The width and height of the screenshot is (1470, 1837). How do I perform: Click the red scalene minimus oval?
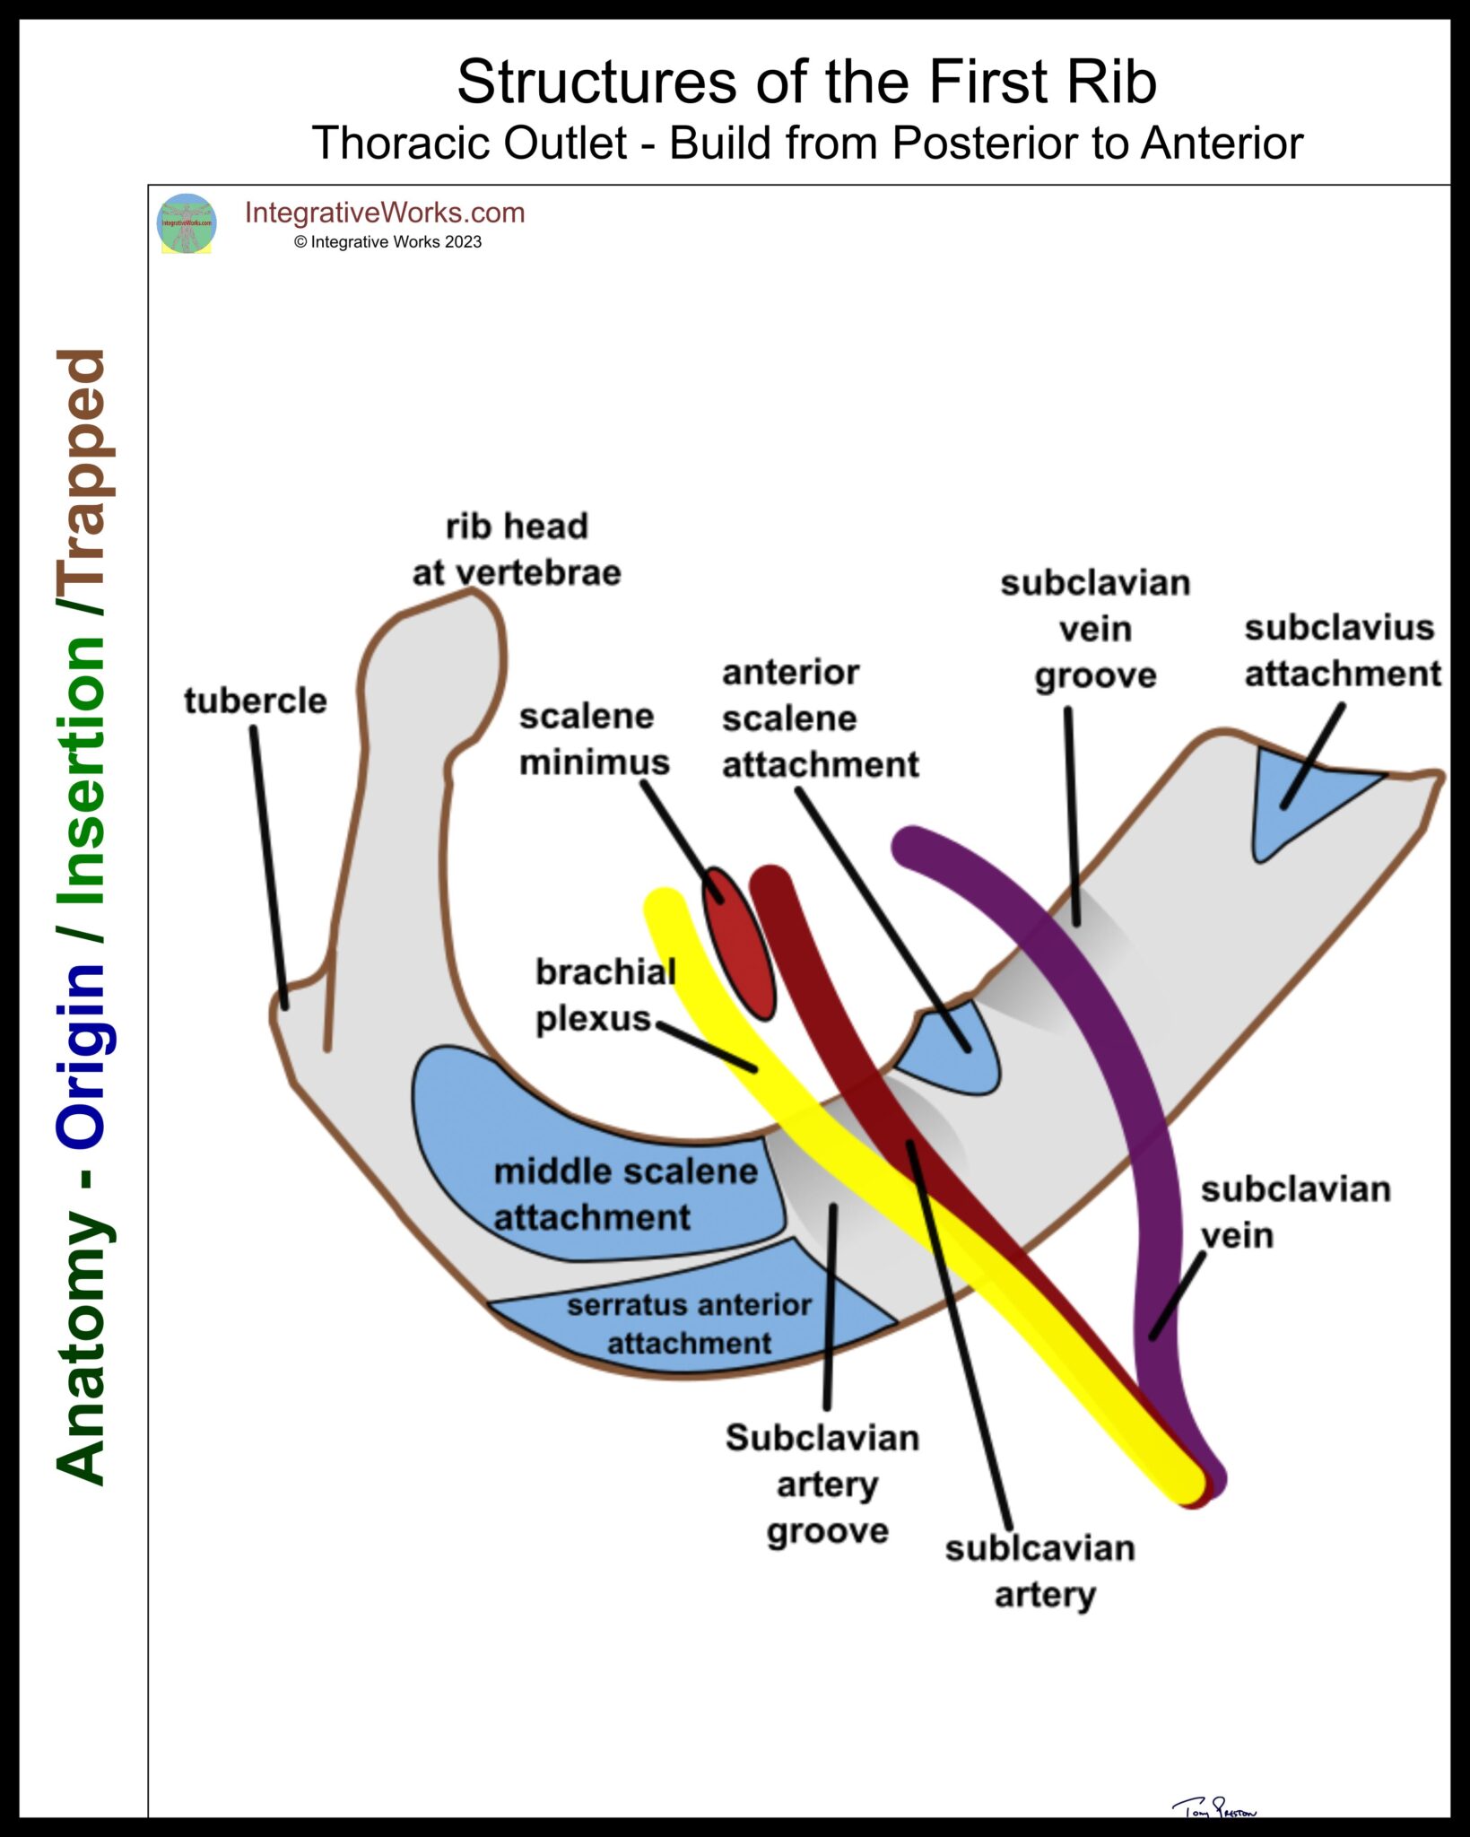[x=739, y=944]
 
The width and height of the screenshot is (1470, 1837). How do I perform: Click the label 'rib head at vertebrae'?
[x=517, y=549]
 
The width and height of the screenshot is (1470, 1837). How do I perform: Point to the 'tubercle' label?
[x=256, y=701]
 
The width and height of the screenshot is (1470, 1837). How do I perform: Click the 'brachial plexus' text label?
[x=604, y=995]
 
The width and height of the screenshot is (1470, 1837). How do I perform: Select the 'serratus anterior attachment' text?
[x=689, y=1323]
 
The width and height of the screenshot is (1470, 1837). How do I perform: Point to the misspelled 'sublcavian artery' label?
[x=1041, y=1571]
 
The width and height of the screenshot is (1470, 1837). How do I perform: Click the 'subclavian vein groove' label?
[x=1095, y=629]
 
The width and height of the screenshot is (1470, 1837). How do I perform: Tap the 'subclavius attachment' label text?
[x=1342, y=650]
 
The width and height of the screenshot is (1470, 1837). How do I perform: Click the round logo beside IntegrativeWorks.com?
[x=187, y=223]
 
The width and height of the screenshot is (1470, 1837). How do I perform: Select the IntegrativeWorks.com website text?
[x=385, y=213]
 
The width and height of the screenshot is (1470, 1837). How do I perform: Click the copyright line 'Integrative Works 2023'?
[x=387, y=242]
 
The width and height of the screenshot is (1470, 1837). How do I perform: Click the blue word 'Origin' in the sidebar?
[x=83, y=1054]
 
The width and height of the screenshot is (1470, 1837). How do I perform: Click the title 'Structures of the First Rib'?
[x=806, y=82]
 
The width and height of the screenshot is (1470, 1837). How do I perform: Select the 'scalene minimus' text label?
[x=593, y=739]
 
